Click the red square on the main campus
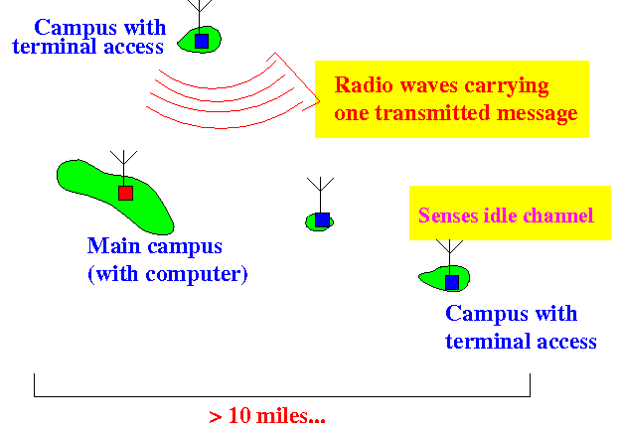(126, 194)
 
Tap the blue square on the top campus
(202, 41)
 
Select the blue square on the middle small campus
(322, 220)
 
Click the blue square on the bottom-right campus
(452, 283)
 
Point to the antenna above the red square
(124, 168)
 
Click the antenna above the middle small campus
(320, 195)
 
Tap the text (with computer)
(168, 274)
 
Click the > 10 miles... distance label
(267, 416)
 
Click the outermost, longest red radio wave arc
(226, 127)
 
